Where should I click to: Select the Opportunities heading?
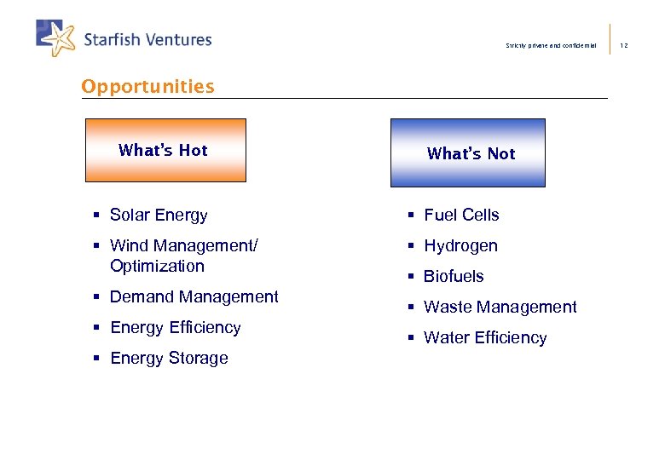click(x=147, y=86)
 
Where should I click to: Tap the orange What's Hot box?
click(x=165, y=151)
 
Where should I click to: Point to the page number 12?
click(x=623, y=45)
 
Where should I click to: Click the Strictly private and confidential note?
click(x=552, y=45)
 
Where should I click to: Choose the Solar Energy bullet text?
click(x=159, y=216)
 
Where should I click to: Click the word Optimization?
click(x=158, y=266)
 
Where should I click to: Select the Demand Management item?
click(x=194, y=296)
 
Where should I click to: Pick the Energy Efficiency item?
click(x=176, y=327)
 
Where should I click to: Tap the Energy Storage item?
click(x=169, y=358)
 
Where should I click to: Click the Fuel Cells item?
click(x=461, y=216)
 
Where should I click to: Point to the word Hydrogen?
click(x=460, y=246)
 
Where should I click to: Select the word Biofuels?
click(x=454, y=277)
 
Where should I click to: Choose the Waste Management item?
click(x=500, y=308)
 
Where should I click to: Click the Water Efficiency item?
click(x=485, y=338)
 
